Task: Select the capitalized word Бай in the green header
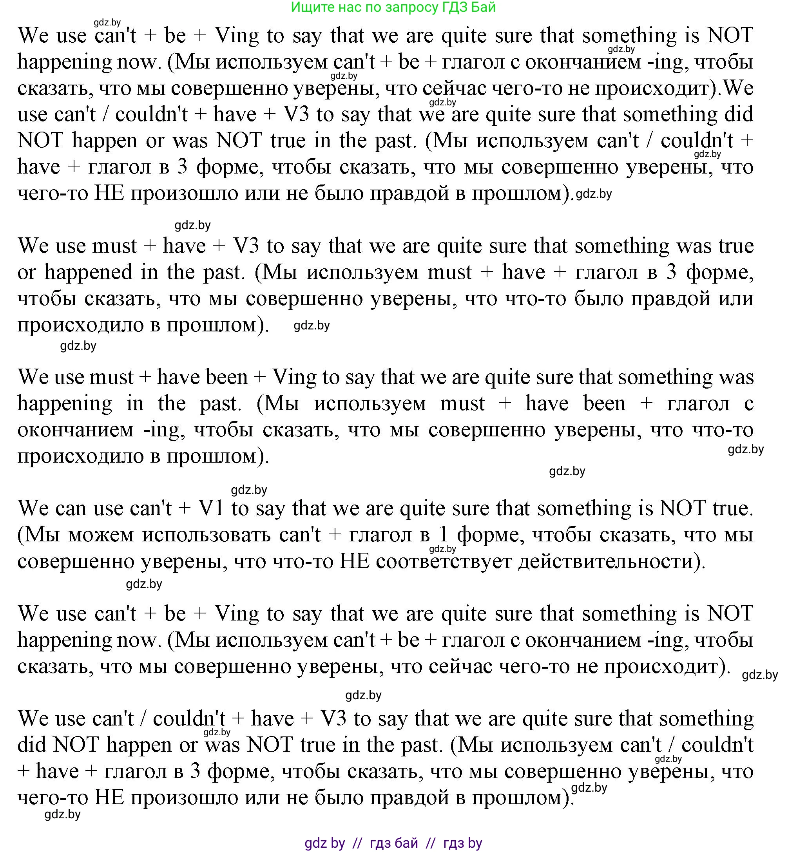(484, 7)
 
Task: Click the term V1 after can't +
(212, 508)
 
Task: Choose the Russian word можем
(101, 534)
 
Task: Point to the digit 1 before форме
(444, 534)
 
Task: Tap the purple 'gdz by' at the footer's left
(324, 843)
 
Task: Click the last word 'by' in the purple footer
(475, 843)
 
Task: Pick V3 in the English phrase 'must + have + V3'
(246, 246)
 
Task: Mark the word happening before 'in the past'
(65, 403)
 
